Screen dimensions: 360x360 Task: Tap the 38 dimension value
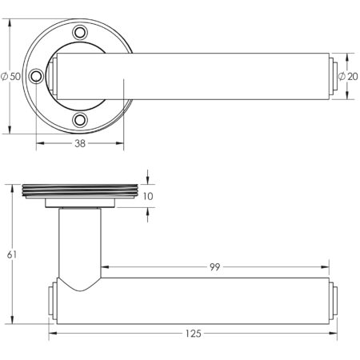[80, 145]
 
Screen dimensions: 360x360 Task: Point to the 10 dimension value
[150, 195]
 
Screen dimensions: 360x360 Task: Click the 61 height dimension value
[11, 254]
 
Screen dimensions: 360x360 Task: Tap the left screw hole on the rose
[36, 77]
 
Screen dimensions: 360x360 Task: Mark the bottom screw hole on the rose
[80, 120]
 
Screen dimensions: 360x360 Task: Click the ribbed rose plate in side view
[80, 190]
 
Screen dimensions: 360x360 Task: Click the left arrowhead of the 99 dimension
[102, 267]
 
